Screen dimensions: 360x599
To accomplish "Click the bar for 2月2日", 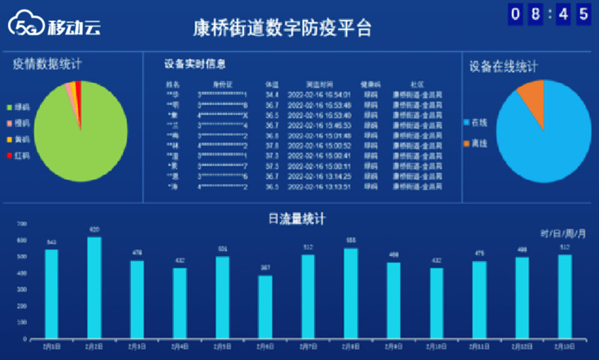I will point(94,287).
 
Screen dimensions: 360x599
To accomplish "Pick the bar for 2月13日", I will point(565,296).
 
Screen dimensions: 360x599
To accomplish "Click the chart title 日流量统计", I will point(297,219).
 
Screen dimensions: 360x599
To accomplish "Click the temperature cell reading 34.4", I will point(272,95).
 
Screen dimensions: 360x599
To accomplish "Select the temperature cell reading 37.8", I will point(272,145).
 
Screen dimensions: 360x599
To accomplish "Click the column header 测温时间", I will point(317,84).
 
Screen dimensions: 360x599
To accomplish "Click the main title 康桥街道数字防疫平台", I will point(282,28).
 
